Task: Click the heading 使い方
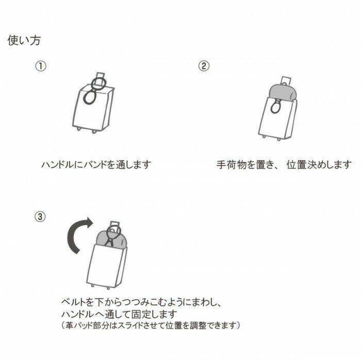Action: pos(24,41)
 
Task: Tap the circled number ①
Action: pos(41,66)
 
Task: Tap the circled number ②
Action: pos(204,66)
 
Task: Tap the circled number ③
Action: pos(40,216)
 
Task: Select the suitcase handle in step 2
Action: pos(286,80)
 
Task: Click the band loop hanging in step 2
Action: pos(275,108)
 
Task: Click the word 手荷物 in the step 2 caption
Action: pos(228,165)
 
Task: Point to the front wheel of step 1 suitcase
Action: pos(94,132)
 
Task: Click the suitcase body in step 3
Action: pos(106,266)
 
